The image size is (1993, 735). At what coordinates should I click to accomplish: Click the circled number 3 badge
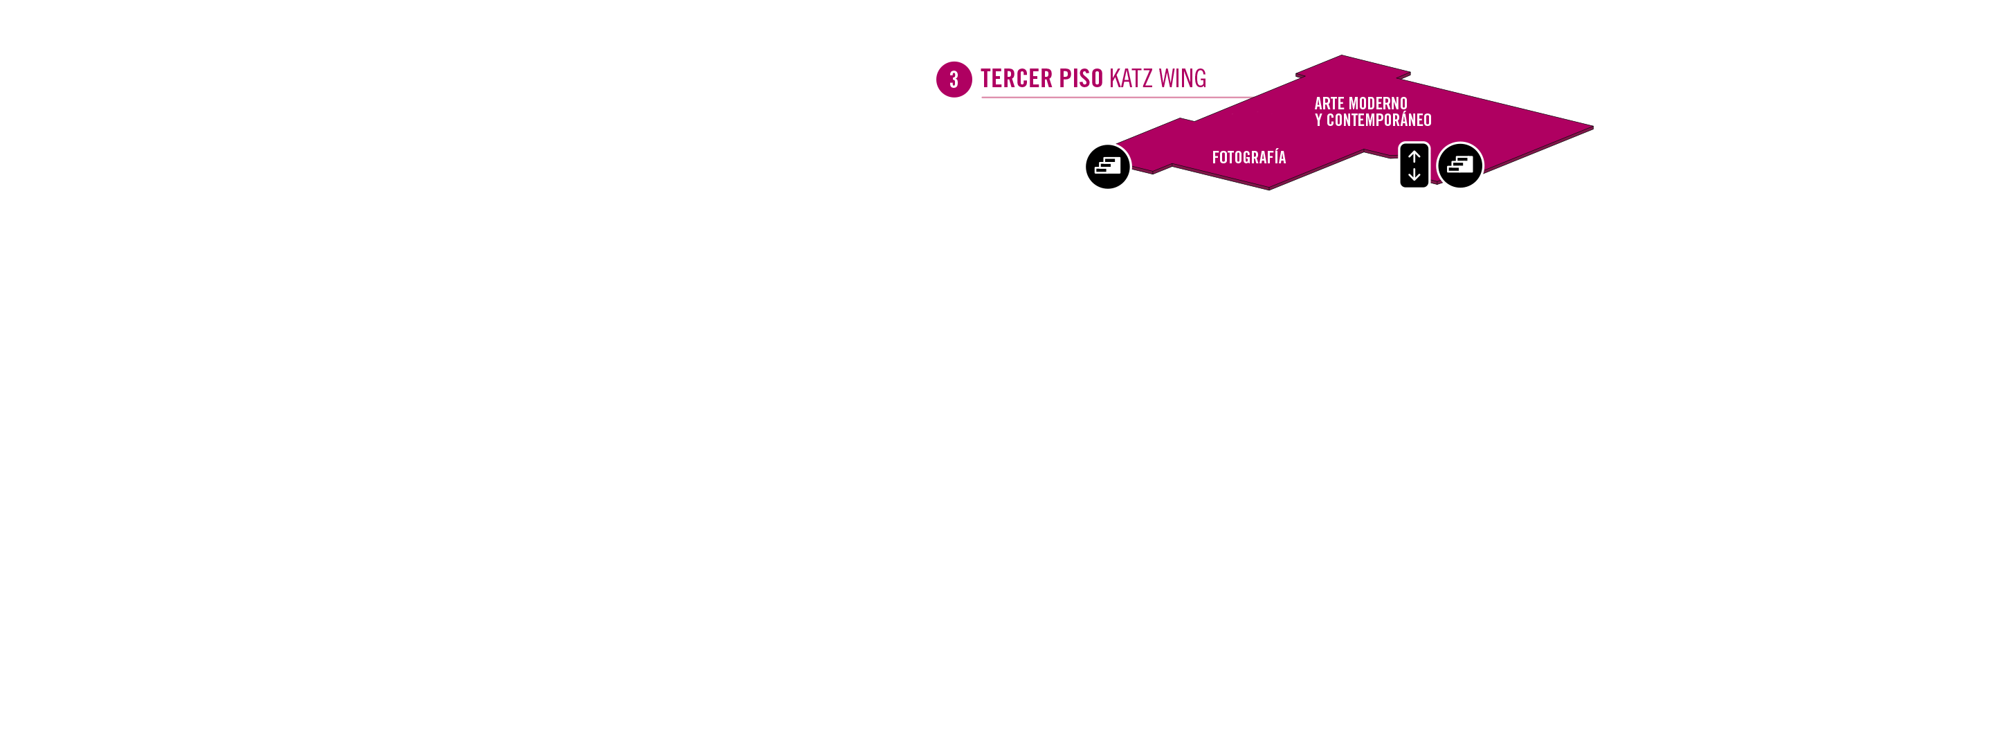(954, 80)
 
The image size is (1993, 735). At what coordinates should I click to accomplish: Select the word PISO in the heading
(1081, 79)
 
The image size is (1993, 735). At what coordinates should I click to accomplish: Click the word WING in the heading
(1182, 79)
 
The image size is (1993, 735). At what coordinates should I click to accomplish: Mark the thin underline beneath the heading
(1117, 98)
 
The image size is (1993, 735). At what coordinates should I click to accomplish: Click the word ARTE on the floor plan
(1329, 104)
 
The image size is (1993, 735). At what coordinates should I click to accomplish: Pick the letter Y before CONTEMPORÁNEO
(1318, 120)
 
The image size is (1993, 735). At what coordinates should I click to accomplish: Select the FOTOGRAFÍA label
(1248, 157)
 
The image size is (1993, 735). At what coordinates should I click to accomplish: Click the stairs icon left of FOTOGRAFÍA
(1108, 166)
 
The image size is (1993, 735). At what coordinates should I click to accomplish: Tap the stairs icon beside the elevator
(1460, 165)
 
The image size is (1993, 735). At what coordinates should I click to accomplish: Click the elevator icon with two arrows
(1414, 165)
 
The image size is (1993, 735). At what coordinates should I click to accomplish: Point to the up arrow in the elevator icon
(1414, 156)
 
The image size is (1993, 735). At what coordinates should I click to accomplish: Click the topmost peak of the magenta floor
(1342, 55)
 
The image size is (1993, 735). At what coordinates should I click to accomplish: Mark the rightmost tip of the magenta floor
(1593, 127)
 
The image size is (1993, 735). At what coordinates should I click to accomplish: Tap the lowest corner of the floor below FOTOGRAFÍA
(1269, 189)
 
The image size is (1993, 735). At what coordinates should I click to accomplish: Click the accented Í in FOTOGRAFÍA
(1273, 157)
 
